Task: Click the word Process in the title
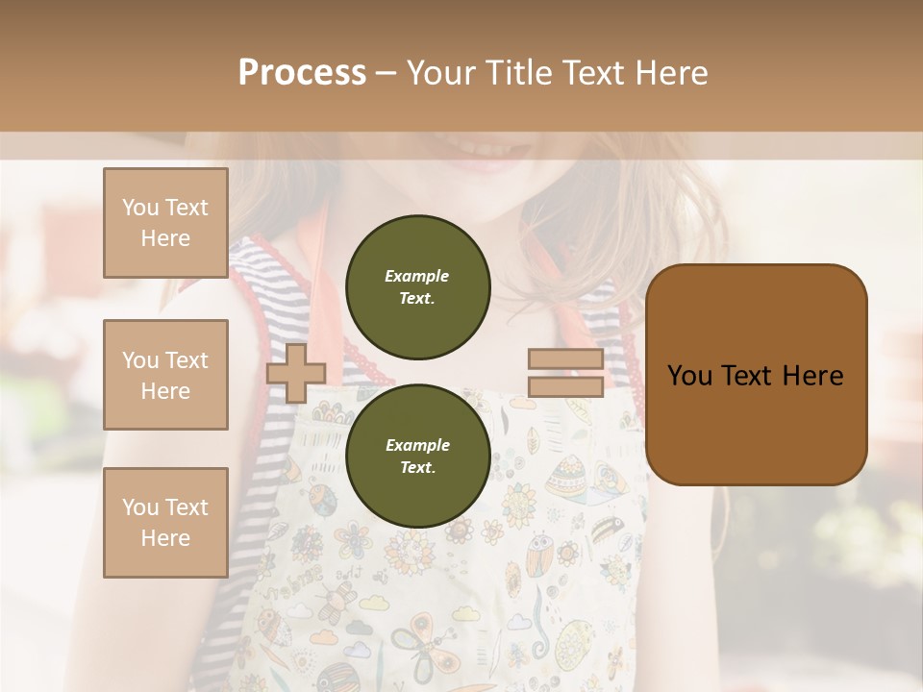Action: coord(302,73)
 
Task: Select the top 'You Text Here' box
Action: coord(165,223)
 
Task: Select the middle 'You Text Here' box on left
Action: coord(165,375)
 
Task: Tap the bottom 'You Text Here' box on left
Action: coord(165,522)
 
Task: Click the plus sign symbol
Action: coord(295,373)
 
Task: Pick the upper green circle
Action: coord(418,287)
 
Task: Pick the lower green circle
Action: coord(418,456)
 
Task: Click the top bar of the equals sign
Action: coord(565,359)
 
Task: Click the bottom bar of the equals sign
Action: coord(565,387)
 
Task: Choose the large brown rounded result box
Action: coord(756,375)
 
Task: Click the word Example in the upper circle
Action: coord(417,276)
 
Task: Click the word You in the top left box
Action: coord(139,208)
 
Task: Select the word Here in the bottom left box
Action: coord(165,538)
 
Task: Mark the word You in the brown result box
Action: coord(689,376)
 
